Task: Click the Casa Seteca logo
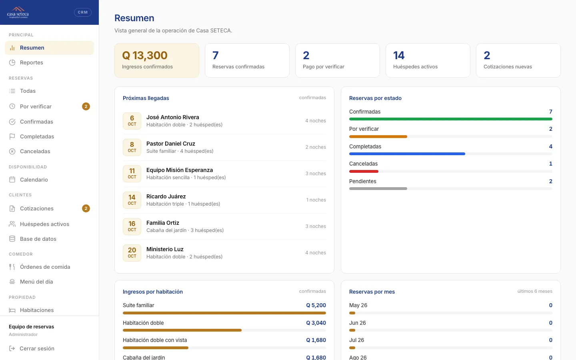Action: (x=18, y=12)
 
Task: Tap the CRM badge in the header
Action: (x=82, y=12)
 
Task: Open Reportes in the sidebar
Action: (x=31, y=62)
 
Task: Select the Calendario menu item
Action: (x=34, y=180)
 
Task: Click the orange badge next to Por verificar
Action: (x=86, y=106)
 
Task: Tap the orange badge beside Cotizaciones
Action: (x=86, y=208)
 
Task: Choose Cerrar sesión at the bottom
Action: (x=37, y=348)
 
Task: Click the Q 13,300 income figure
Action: (x=144, y=55)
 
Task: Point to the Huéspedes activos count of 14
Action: (x=399, y=55)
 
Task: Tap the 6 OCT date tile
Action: (x=132, y=121)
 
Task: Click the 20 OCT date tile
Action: (x=132, y=253)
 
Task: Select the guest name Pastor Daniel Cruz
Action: (x=171, y=144)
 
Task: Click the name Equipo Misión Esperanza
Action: (x=180, y=170)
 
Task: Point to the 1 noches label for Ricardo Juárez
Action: (x=316, y=200)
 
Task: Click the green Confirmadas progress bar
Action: (x=450, y=119)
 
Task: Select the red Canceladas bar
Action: (x=364, y=171)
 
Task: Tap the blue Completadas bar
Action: (x=407, y=154)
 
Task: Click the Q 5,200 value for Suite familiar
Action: (x=316, y=305)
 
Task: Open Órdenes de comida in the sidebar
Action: (x=45, y=267)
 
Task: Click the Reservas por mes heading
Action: (x=372, y=292)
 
